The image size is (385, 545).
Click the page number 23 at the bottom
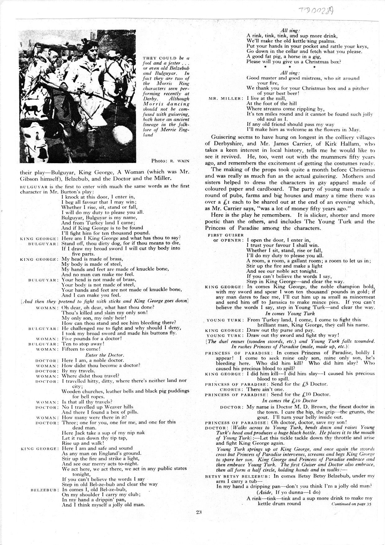tap(199, 513)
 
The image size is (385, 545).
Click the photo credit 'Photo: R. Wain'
tap(170, 161)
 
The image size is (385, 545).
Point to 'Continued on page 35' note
tap(351, 504)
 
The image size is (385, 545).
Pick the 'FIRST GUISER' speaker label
tap(225, 235)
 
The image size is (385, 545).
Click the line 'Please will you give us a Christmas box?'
tap(293, 62)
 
